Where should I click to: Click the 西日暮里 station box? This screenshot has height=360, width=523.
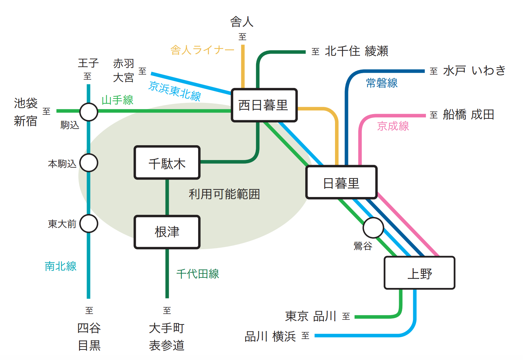(264, 105)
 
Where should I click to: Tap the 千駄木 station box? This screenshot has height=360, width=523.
(167, 163)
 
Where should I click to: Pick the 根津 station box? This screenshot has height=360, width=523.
(167, 232)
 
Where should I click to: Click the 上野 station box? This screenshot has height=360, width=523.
(419, 273)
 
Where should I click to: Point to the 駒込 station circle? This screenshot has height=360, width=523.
(89, 112)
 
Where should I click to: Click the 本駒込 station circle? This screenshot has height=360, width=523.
(89, 163)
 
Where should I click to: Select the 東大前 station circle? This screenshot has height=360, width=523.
(89, 223)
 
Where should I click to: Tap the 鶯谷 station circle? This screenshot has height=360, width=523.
(373, 228)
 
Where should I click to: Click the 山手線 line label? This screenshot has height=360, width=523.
(117, 100)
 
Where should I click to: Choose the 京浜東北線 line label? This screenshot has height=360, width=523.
(175, 91)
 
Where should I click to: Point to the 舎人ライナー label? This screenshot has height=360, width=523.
(202, 50)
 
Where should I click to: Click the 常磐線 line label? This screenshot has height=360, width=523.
(382, 83)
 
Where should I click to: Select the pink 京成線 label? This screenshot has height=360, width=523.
(393, 126)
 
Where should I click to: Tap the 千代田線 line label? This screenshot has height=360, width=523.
(198, 274)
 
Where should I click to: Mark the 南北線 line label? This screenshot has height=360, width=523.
(60, 266)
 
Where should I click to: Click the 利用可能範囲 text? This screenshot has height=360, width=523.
(224, 194)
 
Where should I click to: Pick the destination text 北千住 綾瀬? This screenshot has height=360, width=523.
(356, 51)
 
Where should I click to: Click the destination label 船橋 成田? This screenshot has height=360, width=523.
(468, 114)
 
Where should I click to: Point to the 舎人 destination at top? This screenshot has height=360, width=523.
(242, 22)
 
